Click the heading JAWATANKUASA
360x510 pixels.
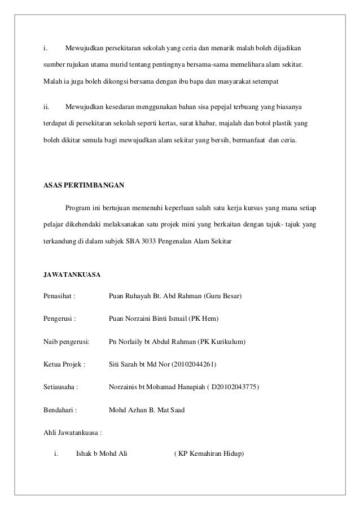[x=72, y=275]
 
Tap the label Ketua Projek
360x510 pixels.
[x=64, y=365]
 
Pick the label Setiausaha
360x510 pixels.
[x=60, y=387]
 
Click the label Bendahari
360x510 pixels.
[x=60, y=411]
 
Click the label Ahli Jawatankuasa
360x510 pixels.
[x=73, y=433]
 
